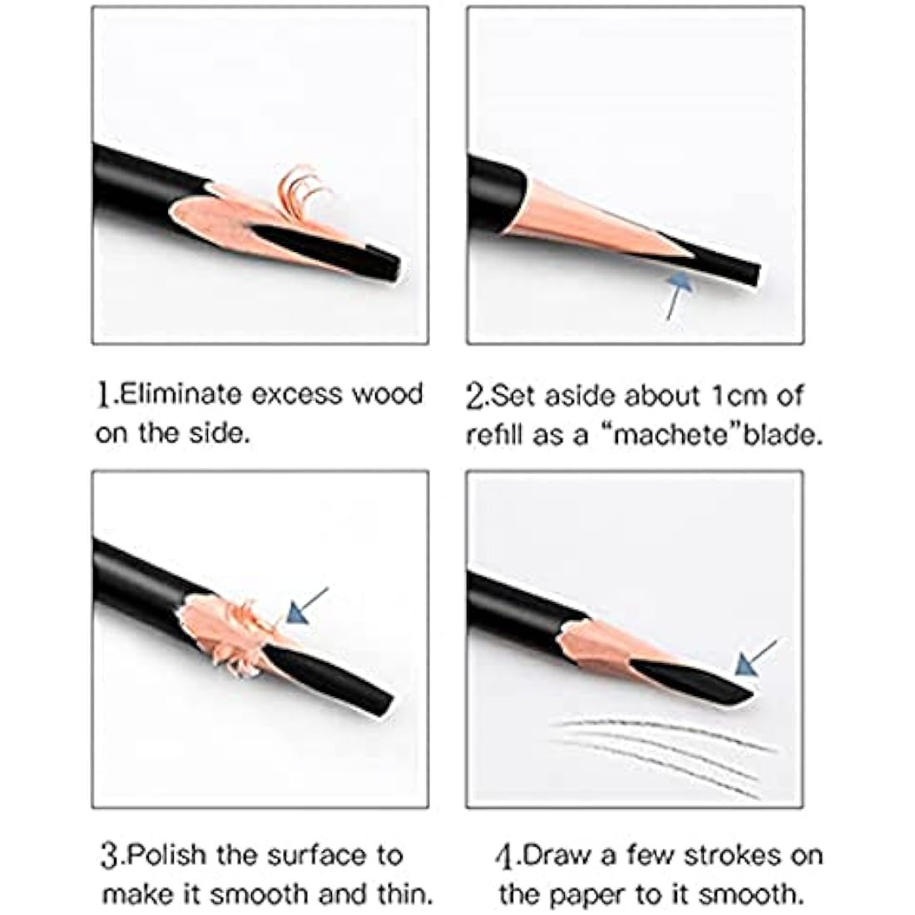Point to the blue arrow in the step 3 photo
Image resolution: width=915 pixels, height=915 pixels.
point(304,606)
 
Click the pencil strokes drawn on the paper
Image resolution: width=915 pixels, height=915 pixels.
point(665,744)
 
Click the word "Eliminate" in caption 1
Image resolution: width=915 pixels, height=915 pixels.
point(179,393)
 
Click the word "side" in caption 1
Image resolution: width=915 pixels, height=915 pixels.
point(221,433)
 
